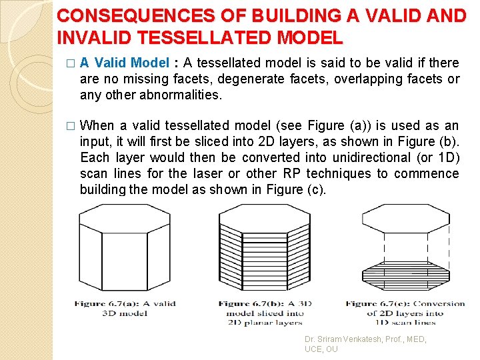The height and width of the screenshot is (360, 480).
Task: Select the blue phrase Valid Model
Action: coord(132,63)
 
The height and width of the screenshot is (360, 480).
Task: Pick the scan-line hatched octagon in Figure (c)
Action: coord(405,273)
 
